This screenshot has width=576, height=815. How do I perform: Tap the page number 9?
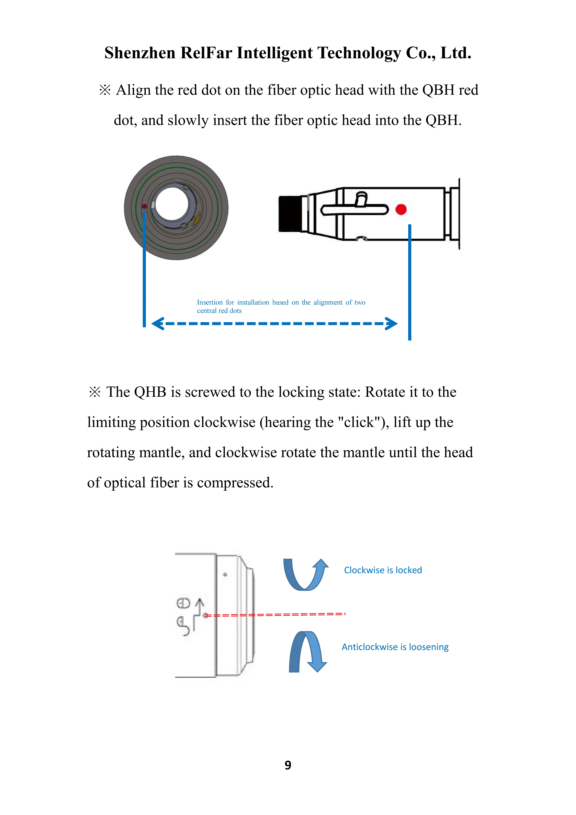288,765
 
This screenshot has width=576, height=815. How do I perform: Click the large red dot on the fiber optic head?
401,209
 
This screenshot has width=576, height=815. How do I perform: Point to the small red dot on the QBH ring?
144,206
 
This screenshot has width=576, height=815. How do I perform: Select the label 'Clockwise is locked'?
383,570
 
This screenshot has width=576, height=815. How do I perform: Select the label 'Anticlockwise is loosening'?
395,647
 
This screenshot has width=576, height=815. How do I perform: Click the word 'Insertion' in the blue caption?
210,302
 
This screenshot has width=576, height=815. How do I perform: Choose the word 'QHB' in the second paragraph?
150,392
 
